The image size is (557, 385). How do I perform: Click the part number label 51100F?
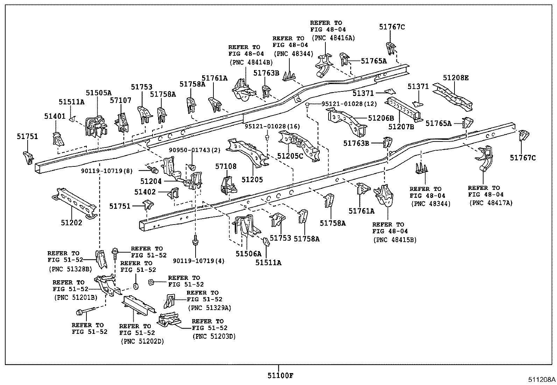(281, 376)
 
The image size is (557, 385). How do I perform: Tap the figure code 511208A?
(542, 379)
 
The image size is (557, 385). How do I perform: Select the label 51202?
(71, 222)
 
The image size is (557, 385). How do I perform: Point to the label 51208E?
(456, 78)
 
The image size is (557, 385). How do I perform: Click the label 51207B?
(401, 126)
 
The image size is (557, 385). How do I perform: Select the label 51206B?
(381, 118)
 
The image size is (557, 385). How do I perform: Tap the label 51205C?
(291, 156)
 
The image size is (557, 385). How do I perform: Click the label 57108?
(226, 166)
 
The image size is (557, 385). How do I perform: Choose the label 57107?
(120, 101)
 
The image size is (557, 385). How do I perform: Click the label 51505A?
(98, 93)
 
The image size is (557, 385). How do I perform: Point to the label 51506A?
(248, 253)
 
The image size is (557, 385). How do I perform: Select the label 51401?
(55, 116)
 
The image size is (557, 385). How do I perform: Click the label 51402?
(145, 192)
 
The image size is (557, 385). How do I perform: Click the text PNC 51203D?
(214, 336)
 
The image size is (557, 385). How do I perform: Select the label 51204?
(151, 181)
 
